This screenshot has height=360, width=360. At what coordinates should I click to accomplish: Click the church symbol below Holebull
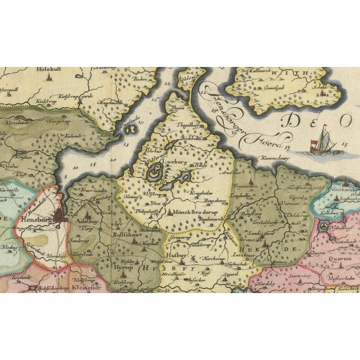pos(49,80)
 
